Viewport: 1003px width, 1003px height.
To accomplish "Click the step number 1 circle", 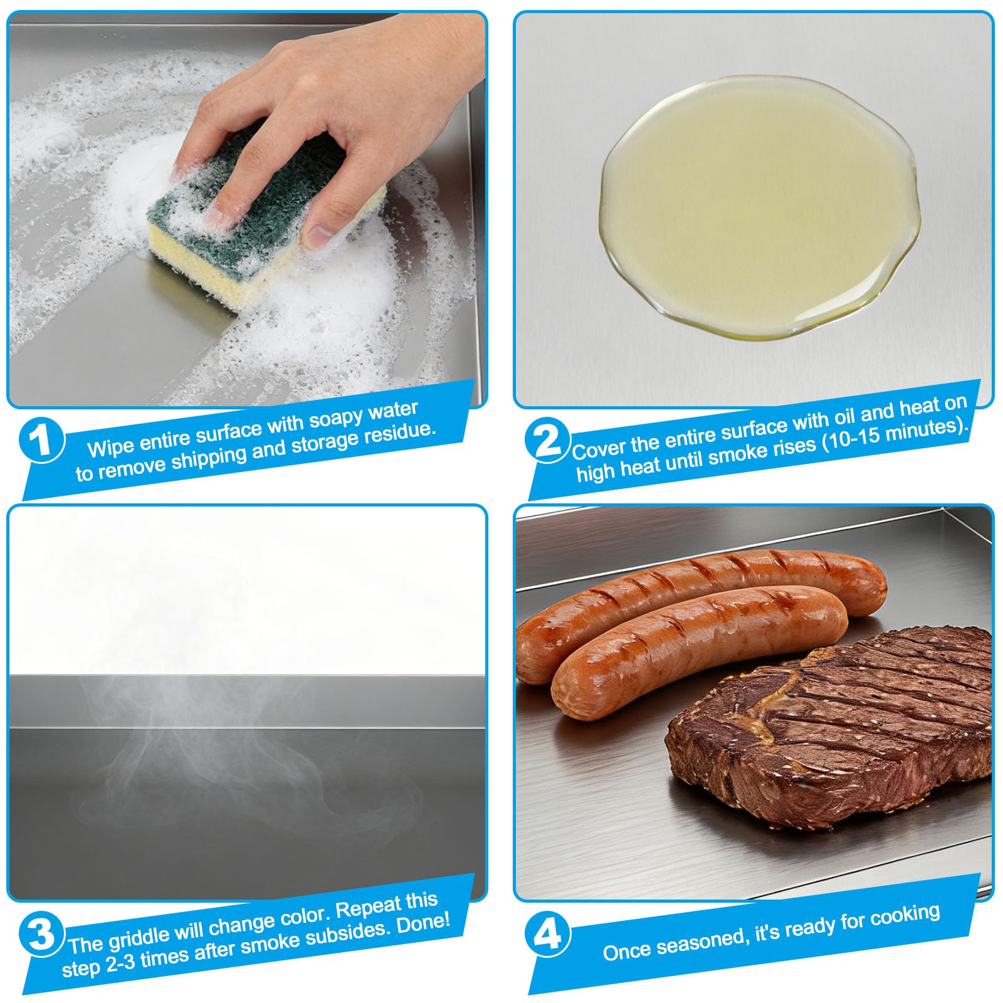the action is (x=41, y=441).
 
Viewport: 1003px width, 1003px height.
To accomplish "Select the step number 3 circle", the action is (x=41, y=934).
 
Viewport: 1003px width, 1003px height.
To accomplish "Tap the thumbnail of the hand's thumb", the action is (x=318, y=237).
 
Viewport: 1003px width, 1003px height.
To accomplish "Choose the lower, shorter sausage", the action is (x=696, y=652).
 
